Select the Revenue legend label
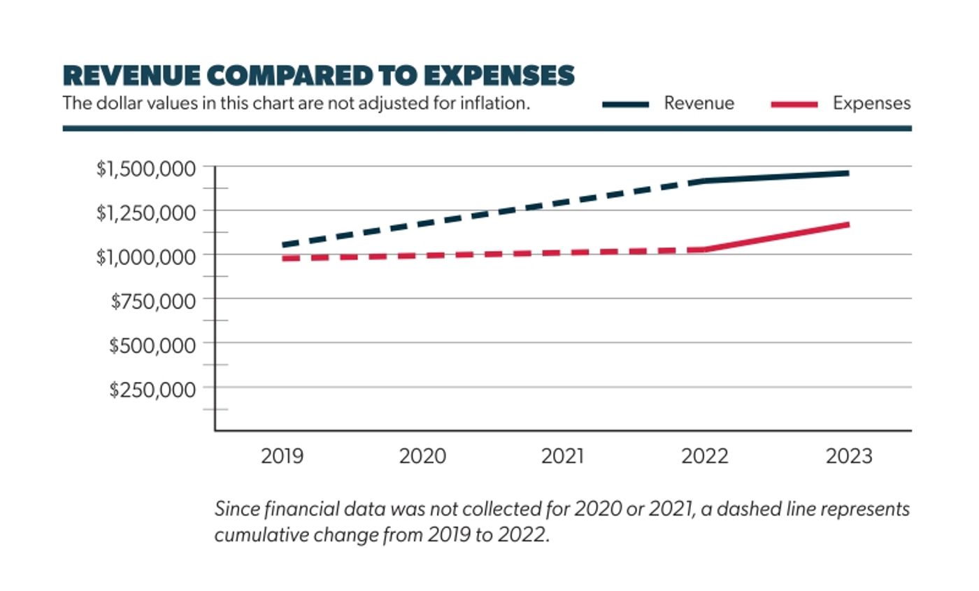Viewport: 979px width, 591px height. (699, 104)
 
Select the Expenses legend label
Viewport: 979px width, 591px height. (871, 104)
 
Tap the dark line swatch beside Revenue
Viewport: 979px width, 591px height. (626, 104)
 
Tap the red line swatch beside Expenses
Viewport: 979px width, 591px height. (794, 104)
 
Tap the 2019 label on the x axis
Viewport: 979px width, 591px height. (282, 457)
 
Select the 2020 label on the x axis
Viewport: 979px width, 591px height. (422, 457)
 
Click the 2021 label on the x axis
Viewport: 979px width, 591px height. (562, 457)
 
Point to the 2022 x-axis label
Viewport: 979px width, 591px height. (705, 457)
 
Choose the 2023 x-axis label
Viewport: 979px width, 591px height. (849, 457)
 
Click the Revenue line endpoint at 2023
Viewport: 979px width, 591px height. (847, 173)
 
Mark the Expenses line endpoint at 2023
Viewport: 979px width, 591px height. (847, 225)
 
